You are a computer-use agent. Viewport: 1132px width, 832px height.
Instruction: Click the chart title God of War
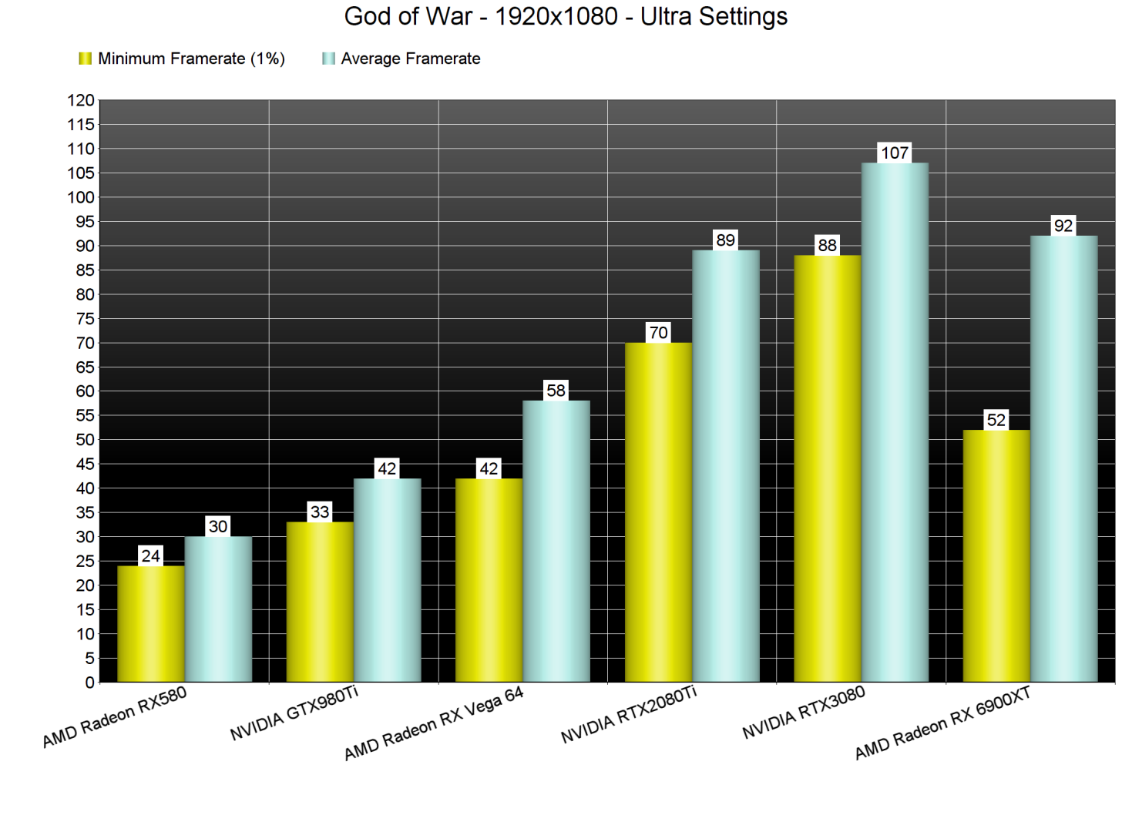click(x=566, y=16)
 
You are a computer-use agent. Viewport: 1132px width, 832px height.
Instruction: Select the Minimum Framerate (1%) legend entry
click(x=182, y=59)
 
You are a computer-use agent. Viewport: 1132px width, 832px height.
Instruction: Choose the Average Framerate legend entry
click(x=401, y=59)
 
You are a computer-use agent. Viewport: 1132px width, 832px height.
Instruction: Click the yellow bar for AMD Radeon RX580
click(x=151, y=624)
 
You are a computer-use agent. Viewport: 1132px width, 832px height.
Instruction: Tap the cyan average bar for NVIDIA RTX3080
click(x=895, y=422)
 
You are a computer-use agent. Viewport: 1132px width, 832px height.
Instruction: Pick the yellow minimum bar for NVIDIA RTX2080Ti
click(x=658, y=512)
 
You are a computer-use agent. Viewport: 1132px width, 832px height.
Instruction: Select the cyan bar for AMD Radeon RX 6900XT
click(x=1063, y=458)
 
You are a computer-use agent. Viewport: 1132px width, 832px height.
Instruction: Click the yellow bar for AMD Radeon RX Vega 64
click(x=489, y=580)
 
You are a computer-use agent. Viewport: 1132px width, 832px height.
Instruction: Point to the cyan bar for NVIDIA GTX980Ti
click(x=387, y=580)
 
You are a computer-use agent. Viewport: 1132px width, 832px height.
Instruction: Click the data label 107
click(x=895, y=153)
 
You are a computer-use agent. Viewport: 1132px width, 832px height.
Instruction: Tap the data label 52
click(x=996, y=420)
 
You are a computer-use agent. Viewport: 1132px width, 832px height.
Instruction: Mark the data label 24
click(x=151, y=555)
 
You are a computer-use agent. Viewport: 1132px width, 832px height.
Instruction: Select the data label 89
click(x=725, y=240)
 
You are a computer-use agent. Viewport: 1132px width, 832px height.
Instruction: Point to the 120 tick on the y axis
click(x=81, y=100)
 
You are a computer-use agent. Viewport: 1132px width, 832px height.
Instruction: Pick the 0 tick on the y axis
click(x=89, y=683)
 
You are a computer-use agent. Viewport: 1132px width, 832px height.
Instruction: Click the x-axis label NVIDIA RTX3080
click(x=804, y=713)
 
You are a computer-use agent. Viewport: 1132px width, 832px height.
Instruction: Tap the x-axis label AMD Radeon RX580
click(x=115, y=717)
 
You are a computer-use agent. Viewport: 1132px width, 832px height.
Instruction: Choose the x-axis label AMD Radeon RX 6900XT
click(x=942, y=723)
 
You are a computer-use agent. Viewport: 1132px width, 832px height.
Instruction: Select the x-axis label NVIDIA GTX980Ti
click(x=294, y=713)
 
